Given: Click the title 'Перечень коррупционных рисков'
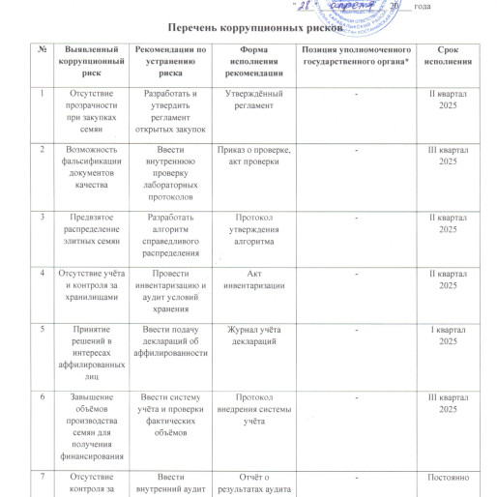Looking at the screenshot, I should (248, 31).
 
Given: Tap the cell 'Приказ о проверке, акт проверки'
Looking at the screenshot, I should (252, 160).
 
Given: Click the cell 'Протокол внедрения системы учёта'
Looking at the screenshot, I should (252, 410).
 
